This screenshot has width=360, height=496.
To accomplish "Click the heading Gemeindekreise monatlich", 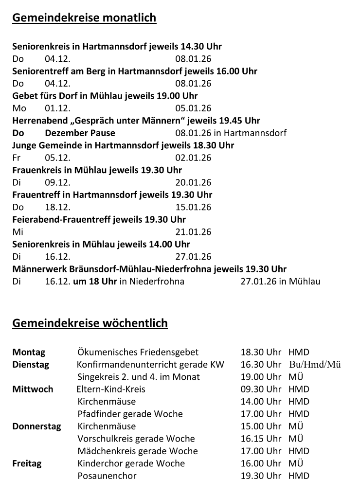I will point(84,18).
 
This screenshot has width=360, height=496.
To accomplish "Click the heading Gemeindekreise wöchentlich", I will point(90,323).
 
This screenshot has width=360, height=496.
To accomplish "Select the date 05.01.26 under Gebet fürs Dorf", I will point(193,108).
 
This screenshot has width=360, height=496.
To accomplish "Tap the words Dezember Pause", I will point(80,133).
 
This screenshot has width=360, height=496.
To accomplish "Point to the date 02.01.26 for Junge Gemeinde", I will point(193,158).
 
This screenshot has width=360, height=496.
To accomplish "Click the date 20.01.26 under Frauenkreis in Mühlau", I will point(193,183).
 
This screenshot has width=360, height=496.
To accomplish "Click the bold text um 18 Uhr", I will point(95,282).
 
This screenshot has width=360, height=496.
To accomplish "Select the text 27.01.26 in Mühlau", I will point(280,282).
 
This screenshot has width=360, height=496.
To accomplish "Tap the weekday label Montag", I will point(29,353).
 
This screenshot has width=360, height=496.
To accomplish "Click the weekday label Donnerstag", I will point(36,426).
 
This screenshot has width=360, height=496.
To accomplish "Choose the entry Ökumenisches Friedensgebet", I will point(138,353).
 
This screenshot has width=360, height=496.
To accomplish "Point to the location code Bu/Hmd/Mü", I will point(315,365).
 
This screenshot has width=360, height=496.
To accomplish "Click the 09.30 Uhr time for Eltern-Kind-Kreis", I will point(261,390).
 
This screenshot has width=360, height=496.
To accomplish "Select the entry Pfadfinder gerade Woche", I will point(130,414).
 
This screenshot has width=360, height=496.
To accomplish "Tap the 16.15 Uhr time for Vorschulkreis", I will point(261,439).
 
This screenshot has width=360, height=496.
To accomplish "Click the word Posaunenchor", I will point(107,476).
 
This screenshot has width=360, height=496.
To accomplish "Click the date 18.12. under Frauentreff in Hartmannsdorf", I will point(57,207).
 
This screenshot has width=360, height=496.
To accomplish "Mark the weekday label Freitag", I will point(27,464).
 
